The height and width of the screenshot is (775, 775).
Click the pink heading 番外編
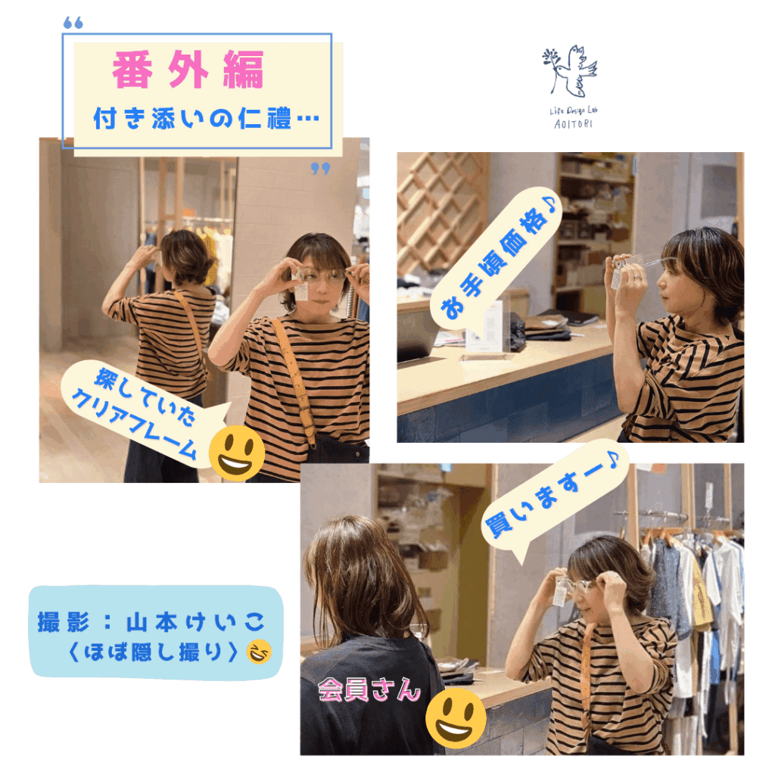pyautogui.click(x=188, y=70)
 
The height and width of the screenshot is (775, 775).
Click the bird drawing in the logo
pyautogui.click(x=570, y=72)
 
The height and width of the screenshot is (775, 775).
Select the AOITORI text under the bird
pyautogui.click(x=573, y=124)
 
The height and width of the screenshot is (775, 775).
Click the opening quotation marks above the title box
pyautogui.click(x=73, y=23)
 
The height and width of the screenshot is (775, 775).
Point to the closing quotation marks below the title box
pyautogui.click(x=320, y=169)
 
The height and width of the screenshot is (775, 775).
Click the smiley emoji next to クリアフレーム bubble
pyautogui.click(x=237, y=453)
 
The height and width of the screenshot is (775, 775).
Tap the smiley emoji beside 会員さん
pyautogui.click(x=456, y=717)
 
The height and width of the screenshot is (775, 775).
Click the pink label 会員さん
pyautogui.click(x=369, y=689)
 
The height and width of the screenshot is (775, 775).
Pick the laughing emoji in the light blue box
pyautogui.click(x=259, y=651)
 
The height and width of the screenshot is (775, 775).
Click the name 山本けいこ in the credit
pyautogui.click(x=196, y=622)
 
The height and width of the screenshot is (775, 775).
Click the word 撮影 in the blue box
pyautogui.click(x=64, y=622)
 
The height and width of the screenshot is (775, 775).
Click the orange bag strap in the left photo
pyautogui.click(x=294, y=381)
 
